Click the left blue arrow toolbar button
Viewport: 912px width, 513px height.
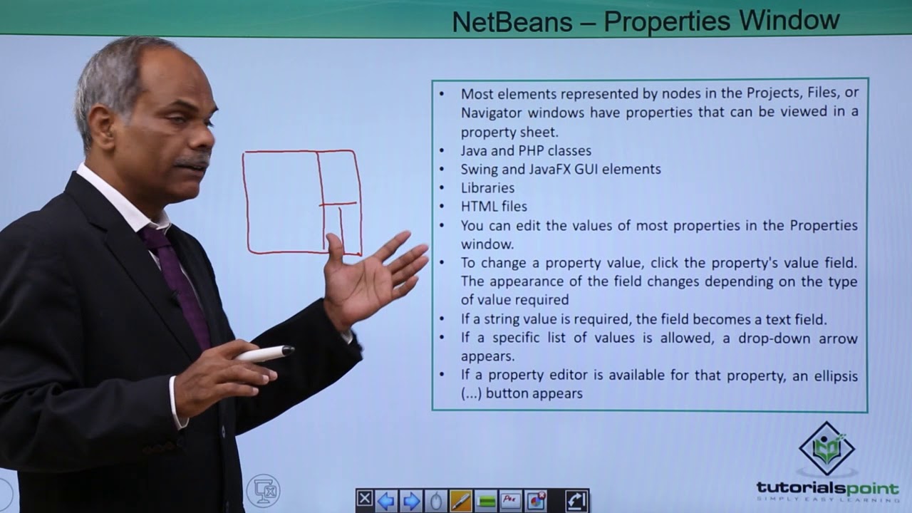click(x=385, y=501)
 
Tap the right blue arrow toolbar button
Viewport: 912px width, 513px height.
click(x=411, y=501)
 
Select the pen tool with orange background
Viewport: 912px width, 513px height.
click(x=461, y=501)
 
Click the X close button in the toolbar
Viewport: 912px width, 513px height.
click(x=364, y=499)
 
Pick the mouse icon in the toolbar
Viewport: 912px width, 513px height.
click(x=436, y=501)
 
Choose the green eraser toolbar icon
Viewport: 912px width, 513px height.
click(x=487, y=501)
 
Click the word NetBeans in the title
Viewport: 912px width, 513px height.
click(x=512, y=21)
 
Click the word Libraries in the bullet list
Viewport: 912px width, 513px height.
click(x=487, y=188)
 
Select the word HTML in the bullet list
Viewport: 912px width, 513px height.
click(x=476, y=207)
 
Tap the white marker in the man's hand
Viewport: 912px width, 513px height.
click(x=264, y=353)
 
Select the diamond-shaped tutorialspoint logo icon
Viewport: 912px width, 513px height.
click(x=826, y=447)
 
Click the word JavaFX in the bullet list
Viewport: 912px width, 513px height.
click(x=572, y=170)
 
